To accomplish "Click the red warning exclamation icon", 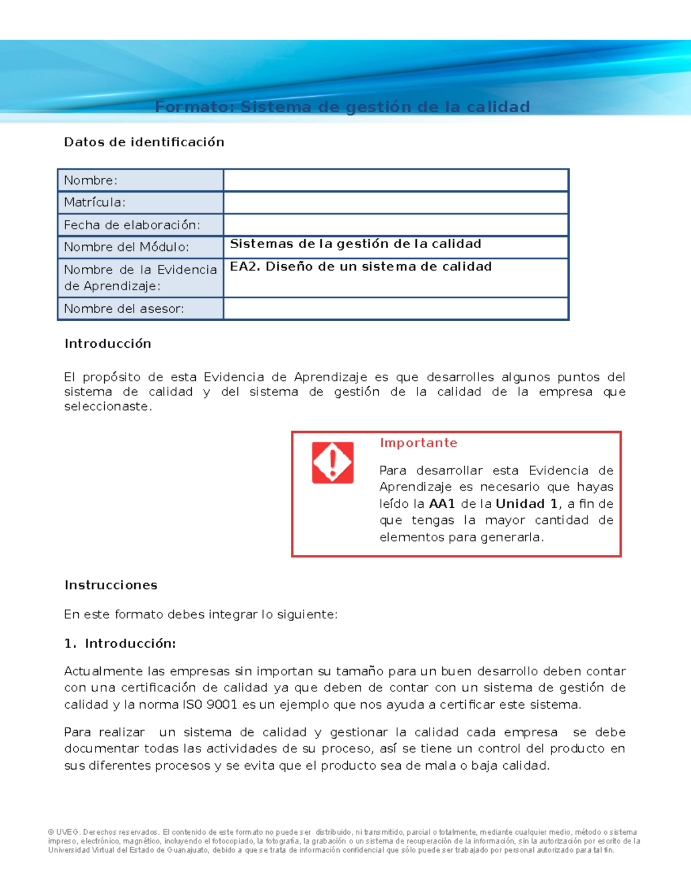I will coord(332,463).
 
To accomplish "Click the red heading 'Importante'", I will coord(418,443).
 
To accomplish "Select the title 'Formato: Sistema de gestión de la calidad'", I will coord(343,107).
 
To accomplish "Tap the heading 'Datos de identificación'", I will coord(144,142).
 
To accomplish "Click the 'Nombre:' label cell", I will coord(90,180).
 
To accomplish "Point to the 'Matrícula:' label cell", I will coord(94,202).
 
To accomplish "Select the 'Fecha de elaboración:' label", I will coord(132,225).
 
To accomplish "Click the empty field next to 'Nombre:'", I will coord(396,180).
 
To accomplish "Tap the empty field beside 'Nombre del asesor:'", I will coord(396,309).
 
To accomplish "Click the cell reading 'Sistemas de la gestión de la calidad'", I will coord(355,244).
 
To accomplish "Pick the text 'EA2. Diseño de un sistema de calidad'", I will coord(360,267).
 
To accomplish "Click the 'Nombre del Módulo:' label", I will coord(126,247).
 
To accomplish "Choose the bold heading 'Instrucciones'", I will coord(111,585).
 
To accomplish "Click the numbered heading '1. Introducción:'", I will coord(120,644).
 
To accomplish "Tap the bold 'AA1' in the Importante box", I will coord(442,504).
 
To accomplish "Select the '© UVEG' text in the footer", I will coord(64,832).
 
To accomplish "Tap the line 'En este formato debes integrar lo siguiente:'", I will coord(200,614).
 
